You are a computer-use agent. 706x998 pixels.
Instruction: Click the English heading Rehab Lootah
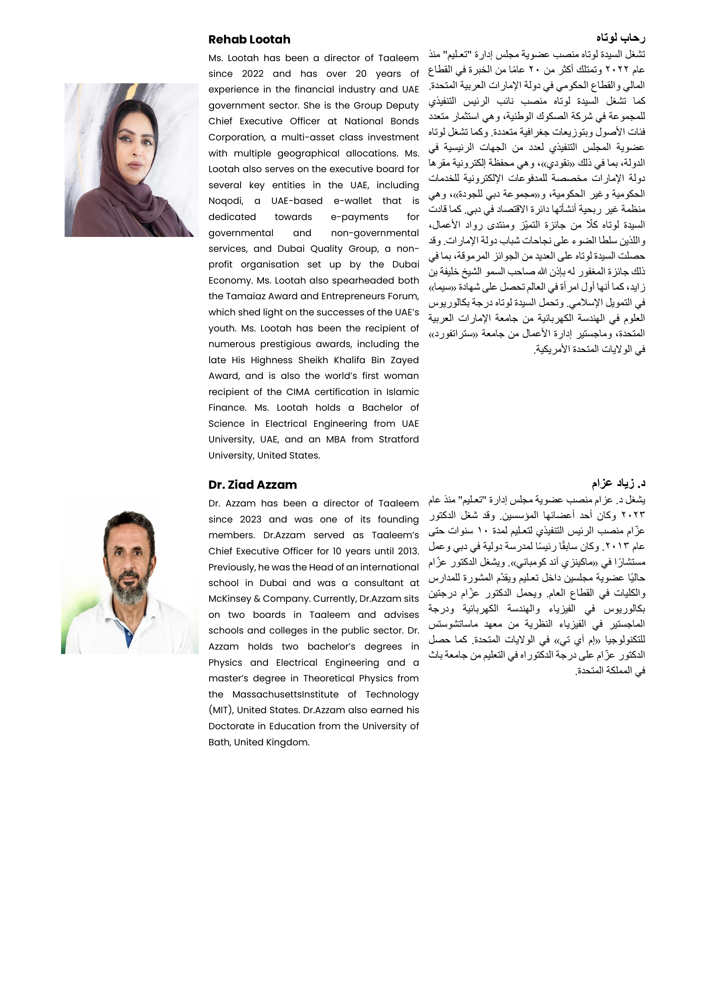[249, 39]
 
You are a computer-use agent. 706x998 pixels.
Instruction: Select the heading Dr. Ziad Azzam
[252, 485]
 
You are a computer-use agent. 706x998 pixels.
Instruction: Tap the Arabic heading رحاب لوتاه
[620, 38]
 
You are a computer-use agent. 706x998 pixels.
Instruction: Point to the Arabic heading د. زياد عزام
[618, 483]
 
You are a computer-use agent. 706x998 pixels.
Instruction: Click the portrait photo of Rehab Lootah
[131, 160]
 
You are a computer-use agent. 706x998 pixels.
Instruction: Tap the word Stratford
[398, 439]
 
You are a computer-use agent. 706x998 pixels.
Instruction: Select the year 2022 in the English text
[253, 74]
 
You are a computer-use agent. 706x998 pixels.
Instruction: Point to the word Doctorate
[230, 726]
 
